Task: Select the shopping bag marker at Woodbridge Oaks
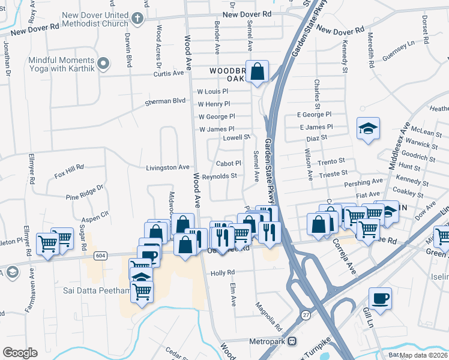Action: click(x=257, y=72)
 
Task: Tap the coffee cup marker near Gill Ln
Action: click(x=381, y=298)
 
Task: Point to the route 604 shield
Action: click(x=100, y=256)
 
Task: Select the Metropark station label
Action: click(x=268, y=341)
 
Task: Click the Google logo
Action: click(x=20, y=352)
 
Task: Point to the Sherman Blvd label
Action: click(x=165, y=102)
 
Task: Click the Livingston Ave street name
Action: click(x=167, y=167)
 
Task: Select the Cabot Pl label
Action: click(x=228, y=163)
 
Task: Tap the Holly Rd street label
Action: click(x=222, y=273)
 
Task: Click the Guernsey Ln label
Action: click(x=402, y=46)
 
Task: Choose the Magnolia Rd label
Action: click(x=268, y=316)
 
